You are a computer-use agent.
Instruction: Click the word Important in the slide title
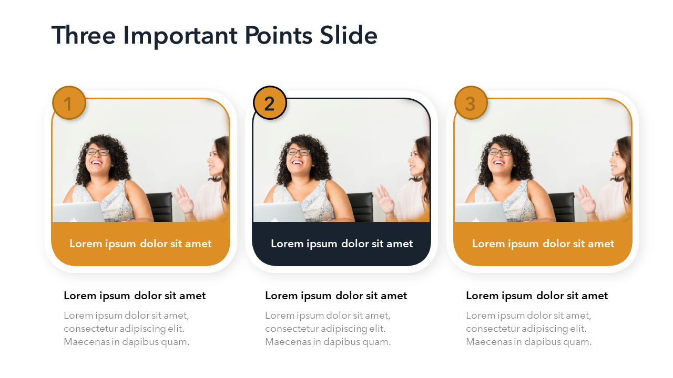(180, 36)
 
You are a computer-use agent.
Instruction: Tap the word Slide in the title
(349, 35)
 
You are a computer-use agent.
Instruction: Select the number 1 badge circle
(69, 103)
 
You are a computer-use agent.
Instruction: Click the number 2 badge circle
(270, 103)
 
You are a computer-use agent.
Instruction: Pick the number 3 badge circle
(471, 103)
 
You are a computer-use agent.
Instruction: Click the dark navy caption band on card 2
(342, 244)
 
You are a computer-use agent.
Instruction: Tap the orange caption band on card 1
(140, 244)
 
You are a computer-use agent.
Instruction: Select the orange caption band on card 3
(543, 244)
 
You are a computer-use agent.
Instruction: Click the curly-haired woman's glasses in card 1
(98, 152)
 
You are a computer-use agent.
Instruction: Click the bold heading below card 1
(135, 296)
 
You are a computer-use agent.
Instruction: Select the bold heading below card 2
(336, 296)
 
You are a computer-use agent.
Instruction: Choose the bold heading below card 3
(537, 296)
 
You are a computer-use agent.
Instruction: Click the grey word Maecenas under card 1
(87, 342)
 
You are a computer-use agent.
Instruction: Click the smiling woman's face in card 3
(499, 159)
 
